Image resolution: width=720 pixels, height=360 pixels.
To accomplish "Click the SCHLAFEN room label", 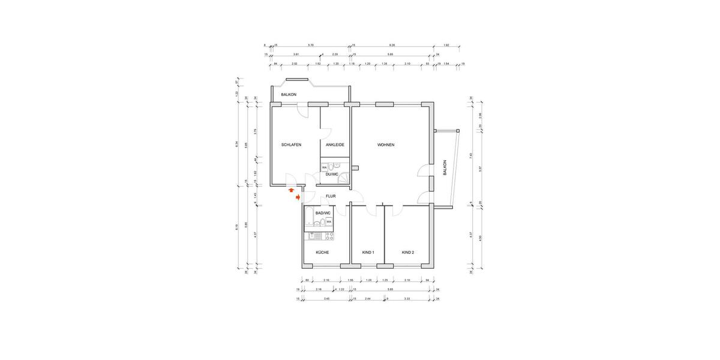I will (291, 145).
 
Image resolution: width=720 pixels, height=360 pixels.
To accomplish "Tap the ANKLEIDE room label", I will (335, 145).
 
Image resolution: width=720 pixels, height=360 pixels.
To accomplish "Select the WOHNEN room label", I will (386, 145).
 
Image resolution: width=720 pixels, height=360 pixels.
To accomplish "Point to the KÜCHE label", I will (322, 253).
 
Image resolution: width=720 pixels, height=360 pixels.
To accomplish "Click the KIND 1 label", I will (368, 253).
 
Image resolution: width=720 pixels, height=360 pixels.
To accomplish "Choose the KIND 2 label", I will (407, 253).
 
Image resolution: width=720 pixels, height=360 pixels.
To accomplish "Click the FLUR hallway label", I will (330, 196).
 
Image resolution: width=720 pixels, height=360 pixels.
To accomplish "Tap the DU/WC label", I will (332, 175).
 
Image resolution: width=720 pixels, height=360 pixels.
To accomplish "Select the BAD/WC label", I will (323, 213).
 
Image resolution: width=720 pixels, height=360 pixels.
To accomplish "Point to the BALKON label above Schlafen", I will (289, 94).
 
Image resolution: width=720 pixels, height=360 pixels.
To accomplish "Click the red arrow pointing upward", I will (292, 190).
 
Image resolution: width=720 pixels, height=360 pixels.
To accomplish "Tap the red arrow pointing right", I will (298, 197).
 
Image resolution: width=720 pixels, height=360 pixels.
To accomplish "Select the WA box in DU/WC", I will (325, 167).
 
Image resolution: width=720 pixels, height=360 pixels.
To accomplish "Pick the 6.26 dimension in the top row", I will (392, 45).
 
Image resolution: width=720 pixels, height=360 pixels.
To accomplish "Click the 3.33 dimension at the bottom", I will (407, 298).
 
